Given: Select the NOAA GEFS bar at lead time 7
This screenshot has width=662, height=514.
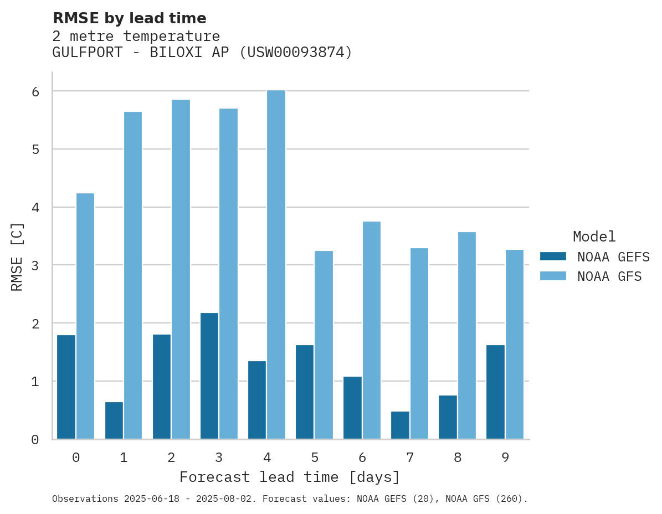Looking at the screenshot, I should coord(400,425).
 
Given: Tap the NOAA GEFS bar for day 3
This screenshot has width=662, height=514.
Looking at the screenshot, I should coord(209,376).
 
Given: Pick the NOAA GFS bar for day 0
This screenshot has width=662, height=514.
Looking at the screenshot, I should coord(85,316).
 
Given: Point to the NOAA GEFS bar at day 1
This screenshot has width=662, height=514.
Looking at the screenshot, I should coord(114,420).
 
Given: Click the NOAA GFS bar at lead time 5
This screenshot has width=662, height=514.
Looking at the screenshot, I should coord(324,345).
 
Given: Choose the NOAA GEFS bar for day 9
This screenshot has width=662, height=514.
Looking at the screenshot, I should coord(495,392).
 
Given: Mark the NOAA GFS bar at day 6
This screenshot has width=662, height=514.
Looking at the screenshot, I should coord(371,330).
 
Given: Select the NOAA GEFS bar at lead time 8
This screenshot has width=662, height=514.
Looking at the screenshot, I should coord(448,417).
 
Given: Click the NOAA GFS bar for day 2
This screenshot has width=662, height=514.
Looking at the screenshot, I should coord(181,269).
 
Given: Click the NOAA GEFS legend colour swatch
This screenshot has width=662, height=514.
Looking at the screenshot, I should coord(553,256).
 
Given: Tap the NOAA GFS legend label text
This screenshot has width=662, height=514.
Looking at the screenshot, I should coord(609,276).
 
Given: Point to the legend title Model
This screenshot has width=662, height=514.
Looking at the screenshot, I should coord(594,237).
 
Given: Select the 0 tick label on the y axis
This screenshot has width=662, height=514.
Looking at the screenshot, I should coord(35,440).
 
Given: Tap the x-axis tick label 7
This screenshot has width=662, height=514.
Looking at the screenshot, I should coord(410,458).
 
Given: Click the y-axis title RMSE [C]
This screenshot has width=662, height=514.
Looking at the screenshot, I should coord(17,256).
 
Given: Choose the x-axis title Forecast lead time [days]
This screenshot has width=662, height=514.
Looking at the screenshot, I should coord(289,477).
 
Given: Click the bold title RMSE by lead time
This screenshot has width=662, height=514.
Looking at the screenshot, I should coord(129,18).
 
